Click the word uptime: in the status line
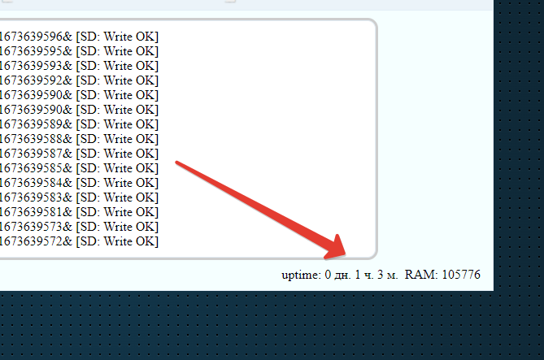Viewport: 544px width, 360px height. point(301,275)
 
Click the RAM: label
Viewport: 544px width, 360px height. point(421,275)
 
